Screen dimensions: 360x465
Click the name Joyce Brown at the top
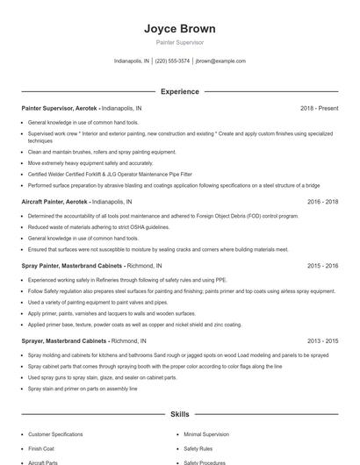[x=179, y=29]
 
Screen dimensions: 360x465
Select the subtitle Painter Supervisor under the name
[x=179, y=42]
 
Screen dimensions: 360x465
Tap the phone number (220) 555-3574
[x=172, y=61]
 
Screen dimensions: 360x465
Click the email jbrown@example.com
[x=220, y=61]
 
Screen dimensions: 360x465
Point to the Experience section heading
[x=179, y=91]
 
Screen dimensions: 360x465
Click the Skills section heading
[x=179, y=413]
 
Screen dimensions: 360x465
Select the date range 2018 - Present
[x=319, y=108]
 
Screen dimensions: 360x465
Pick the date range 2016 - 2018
[x=322, y=202]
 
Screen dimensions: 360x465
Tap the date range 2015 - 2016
[x=322, y=265]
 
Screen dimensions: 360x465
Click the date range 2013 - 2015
[x=322, y=340]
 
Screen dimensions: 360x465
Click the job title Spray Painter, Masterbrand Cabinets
[x=72, y=265]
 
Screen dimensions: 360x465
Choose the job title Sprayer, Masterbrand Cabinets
[x=63, y=340]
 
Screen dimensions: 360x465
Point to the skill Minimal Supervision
[x=206, y=434]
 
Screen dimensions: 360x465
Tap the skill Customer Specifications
[x=55, y=434]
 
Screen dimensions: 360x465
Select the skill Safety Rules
[x=198, y=448]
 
